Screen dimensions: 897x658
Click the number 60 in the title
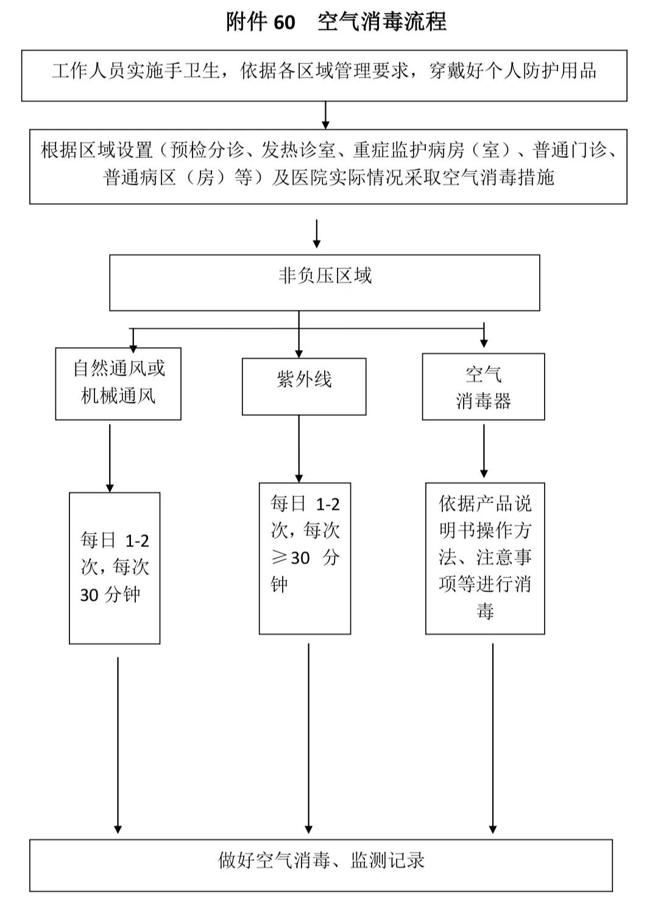click(x=284, y=23)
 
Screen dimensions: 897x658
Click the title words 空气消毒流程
click(x=382, y=22)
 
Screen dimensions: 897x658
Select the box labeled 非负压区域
click(x=324, y=282)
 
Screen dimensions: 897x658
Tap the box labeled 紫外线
click(x=304, y=387)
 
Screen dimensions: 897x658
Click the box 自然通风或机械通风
click(x=118, y=383)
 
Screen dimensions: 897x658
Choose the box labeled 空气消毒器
click(x=483, y=387)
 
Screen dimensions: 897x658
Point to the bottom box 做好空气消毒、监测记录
click(x=321, y=865)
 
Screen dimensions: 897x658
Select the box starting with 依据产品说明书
click(x=485, y=558)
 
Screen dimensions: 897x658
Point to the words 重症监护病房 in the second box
click(x=408, y=150)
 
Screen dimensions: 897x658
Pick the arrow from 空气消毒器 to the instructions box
click(x=484, y=451)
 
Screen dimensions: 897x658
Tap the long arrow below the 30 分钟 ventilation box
click(x=118, y=744)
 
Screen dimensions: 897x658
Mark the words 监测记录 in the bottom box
click(x=387, y=860)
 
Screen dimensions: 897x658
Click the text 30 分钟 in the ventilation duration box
click(x=110, y=595)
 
